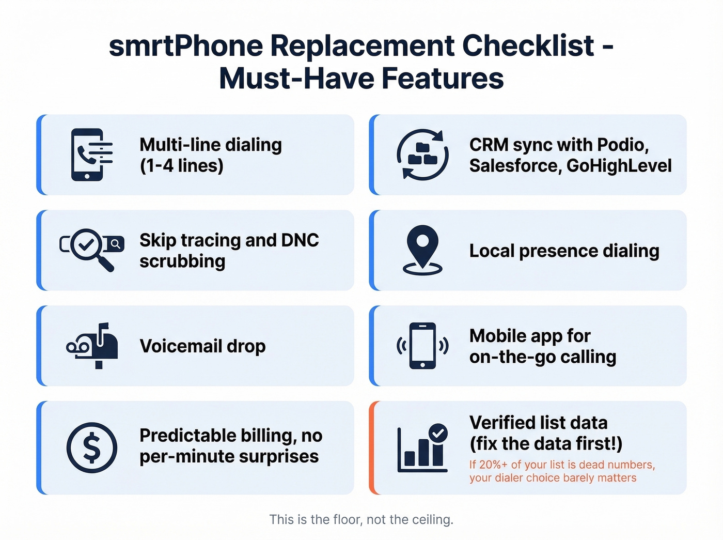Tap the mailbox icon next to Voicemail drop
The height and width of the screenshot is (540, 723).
pyautogui.click(x=93, y=345)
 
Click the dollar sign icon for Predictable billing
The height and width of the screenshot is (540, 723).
pyautogui.click(x=92, y=448)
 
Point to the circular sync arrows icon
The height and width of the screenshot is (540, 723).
pyautogui.click(x=422, y=155)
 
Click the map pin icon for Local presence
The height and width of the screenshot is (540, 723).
pyautogui.click(x=422, y=249)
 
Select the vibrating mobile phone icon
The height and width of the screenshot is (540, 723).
pyautogui.click(x=422, y=345)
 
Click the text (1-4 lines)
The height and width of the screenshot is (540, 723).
pyautogui.click(x=181, y=166)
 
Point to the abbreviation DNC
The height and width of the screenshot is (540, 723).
pyautogui.click(x=300, y=240)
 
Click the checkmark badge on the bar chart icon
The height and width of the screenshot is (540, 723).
pyautogui.click(x=438, y=433)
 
